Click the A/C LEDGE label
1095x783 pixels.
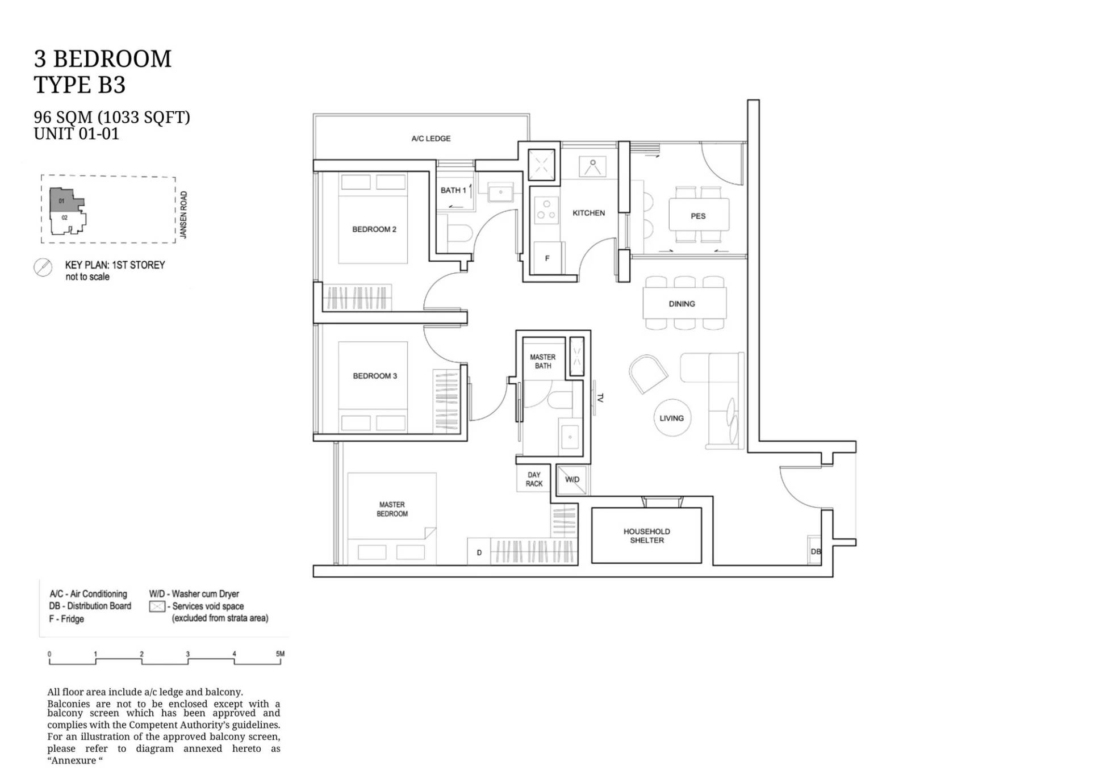click(x=431, y=139)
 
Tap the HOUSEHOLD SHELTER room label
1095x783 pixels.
click(x=647, y=535)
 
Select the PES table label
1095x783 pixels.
click(x=698, y=216)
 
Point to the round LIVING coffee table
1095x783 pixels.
click(x=672, y=418)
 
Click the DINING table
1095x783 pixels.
click(x=684, y=304)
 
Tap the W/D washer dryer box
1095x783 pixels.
click(x=572, y=480)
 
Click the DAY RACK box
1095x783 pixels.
click(x=533, y=479)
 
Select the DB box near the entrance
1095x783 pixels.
click(x=815, y=551)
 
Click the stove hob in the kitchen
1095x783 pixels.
click(x=546, y=210)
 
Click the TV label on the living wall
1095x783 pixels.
click(x=600, y=398)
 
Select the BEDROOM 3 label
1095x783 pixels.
click(x=375, y=376)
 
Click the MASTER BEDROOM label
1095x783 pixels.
click(x=392, y=509)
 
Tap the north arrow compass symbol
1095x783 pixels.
click(x=43, y=267)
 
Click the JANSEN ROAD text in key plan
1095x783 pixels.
click(x=183, y=215)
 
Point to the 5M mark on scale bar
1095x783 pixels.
click(x=280, y=654)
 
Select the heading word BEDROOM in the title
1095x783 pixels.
click(x=112, y=58)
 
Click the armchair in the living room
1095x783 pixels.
click(x=648, y=374)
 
